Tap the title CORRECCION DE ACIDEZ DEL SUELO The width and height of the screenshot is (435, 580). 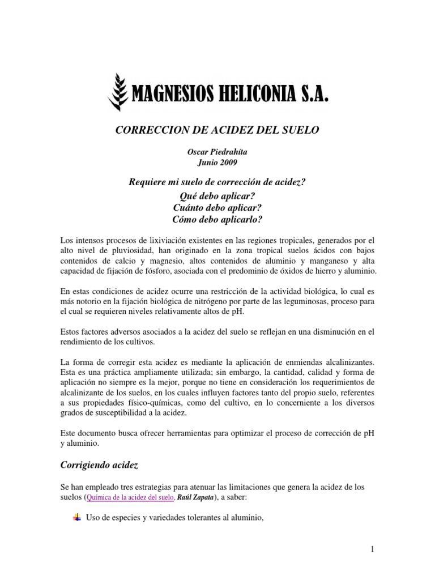click(x=217, y=130)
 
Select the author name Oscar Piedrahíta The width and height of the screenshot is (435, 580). click(x=217, y=151)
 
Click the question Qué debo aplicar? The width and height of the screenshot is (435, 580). click(x=217, y=193)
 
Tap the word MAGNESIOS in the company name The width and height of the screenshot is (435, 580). click(x=167, y=95)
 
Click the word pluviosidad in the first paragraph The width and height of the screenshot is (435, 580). click(x=141, y=250)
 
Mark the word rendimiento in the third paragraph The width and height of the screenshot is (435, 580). click(x=84, y=342)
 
